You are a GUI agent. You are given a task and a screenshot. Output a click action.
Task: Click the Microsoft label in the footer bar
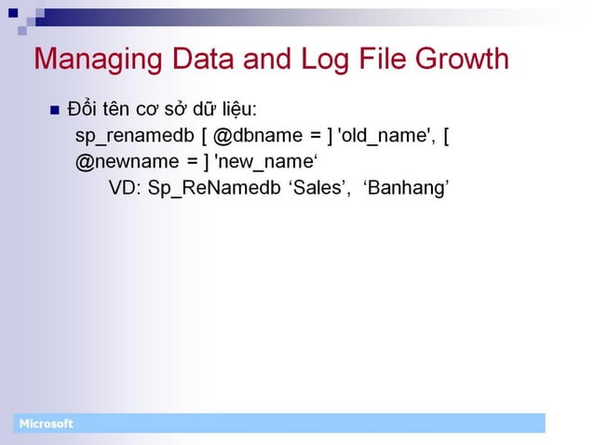46,425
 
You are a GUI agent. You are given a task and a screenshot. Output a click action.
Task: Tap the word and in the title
268,60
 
